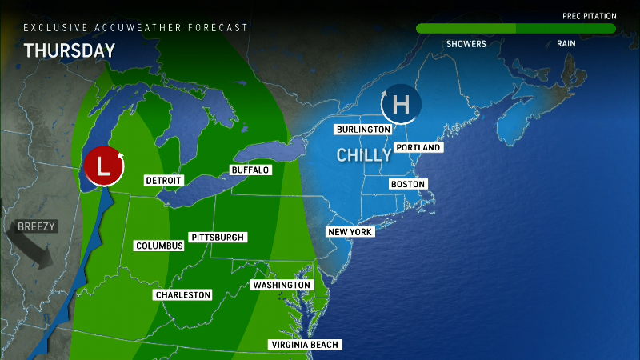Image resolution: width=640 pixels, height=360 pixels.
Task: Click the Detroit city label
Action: (x=164, y=181)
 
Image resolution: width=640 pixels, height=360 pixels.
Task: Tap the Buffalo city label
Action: (x=250, y=170)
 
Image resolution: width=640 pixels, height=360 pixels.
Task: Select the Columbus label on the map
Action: (x=159, y=246)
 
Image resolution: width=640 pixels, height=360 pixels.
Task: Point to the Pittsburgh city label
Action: (x=218, y=238)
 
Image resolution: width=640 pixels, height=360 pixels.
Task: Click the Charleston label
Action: (x=183, y=295)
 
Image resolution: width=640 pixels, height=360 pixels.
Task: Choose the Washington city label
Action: (x=281, y=286)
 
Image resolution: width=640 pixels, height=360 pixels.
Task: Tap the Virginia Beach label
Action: (x=306, y=345)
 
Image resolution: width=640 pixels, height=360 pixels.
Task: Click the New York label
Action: (x=350, y=232)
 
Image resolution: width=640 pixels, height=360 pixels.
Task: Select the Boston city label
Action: (x=407, y=185)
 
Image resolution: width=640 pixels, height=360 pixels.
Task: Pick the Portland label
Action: (x=418, y=147)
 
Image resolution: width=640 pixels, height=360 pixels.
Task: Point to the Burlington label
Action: (x=363, y=130)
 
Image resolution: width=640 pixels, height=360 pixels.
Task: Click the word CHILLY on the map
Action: (x=363, y=155)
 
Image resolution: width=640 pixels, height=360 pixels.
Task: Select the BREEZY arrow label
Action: (x=36, y=226)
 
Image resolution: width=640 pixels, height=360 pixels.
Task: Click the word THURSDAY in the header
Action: (x=70, y=50)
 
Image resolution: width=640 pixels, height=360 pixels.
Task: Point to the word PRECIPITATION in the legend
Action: (x=589, y=16)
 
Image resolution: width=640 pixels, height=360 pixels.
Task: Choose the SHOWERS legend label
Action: (x=466, y=44)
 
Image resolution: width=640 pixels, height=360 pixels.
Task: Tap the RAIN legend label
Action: (x=566, y=44)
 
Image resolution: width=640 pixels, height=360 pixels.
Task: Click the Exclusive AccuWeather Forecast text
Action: (x=135, y=27)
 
